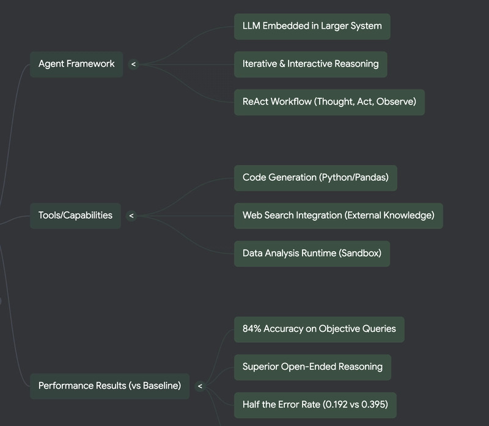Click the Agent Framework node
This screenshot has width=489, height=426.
click(x=76, y=64)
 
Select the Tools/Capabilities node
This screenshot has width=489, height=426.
click(x=75, y=216)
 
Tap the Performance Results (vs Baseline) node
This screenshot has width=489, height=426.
click(x=110, y=386)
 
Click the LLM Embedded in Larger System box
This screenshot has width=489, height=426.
click(x=312, y=26)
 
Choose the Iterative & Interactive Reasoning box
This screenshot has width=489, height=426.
click(x=311, y=64)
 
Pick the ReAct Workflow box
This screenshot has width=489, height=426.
click(x=329, y=102)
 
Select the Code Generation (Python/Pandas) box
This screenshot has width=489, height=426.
click(x=315, y=178)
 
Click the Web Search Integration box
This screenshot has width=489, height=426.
click(x=339, y=216)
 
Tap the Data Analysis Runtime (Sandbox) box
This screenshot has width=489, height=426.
click(x=312, y=254)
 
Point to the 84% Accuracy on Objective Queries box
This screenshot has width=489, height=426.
click(x=319, y=329)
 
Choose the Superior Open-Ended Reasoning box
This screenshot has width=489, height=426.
click(x=313, y=367)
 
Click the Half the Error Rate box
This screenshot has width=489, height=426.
click(x=315, y=405)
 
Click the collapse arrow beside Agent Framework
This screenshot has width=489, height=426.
click(x=133, y=64)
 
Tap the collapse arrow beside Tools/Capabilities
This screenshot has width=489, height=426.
click(x=131, y=216)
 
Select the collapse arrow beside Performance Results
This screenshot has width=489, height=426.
click(x=200, y=386)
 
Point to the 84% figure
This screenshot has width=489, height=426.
click(x=252, y=329)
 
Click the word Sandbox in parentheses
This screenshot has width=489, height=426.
click(x=360, y=253)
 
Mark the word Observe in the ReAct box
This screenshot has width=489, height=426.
click(x=394, y=101)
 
